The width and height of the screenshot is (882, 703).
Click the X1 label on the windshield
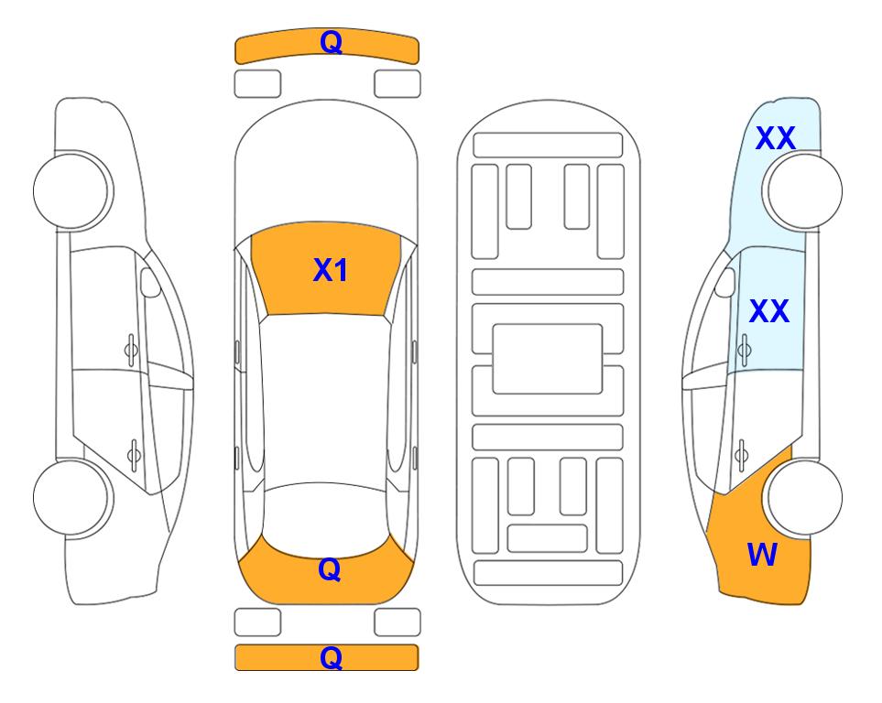pyautogui.click(x=331, y=270)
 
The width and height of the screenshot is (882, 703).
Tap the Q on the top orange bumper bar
pyautogui.click(x=331, y=42)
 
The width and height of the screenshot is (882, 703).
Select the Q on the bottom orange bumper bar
pyautogui.click(x=331, y=657)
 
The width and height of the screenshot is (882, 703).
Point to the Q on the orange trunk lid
pyautogui.click(x=330, y=569)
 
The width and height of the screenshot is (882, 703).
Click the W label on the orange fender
pyautogui.click(x=762, y=555)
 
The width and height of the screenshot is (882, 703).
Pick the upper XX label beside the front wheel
pyautogui.click(x=775, y=138)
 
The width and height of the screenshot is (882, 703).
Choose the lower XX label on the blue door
pyautogui.click(x=769, y=311)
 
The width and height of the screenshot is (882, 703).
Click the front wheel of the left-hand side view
pyautogui.click(x=71, y=190)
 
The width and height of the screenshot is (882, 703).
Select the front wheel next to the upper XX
pyautogui.click(x=804, y=190)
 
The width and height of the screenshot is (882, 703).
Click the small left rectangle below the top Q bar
pyautogui.click(x=257, y=84)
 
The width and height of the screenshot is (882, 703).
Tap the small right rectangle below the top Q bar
pyautogui.click(x=397, y=84)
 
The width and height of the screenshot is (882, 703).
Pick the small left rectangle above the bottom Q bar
pyautogui.click(x=257, y=622)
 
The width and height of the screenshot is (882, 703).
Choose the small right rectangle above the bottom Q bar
pyautogui.click(x=397, y=622)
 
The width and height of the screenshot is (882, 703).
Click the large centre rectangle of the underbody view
pyautogui.click(x=548, y=359)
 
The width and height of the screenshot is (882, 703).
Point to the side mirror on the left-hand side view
pyautogui.click(x=150, y=283)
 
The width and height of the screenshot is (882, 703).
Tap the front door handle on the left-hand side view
pyautogui.click(x=131, y=351)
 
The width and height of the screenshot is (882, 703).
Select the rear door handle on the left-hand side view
pyautogui.click(x=134, y=454)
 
